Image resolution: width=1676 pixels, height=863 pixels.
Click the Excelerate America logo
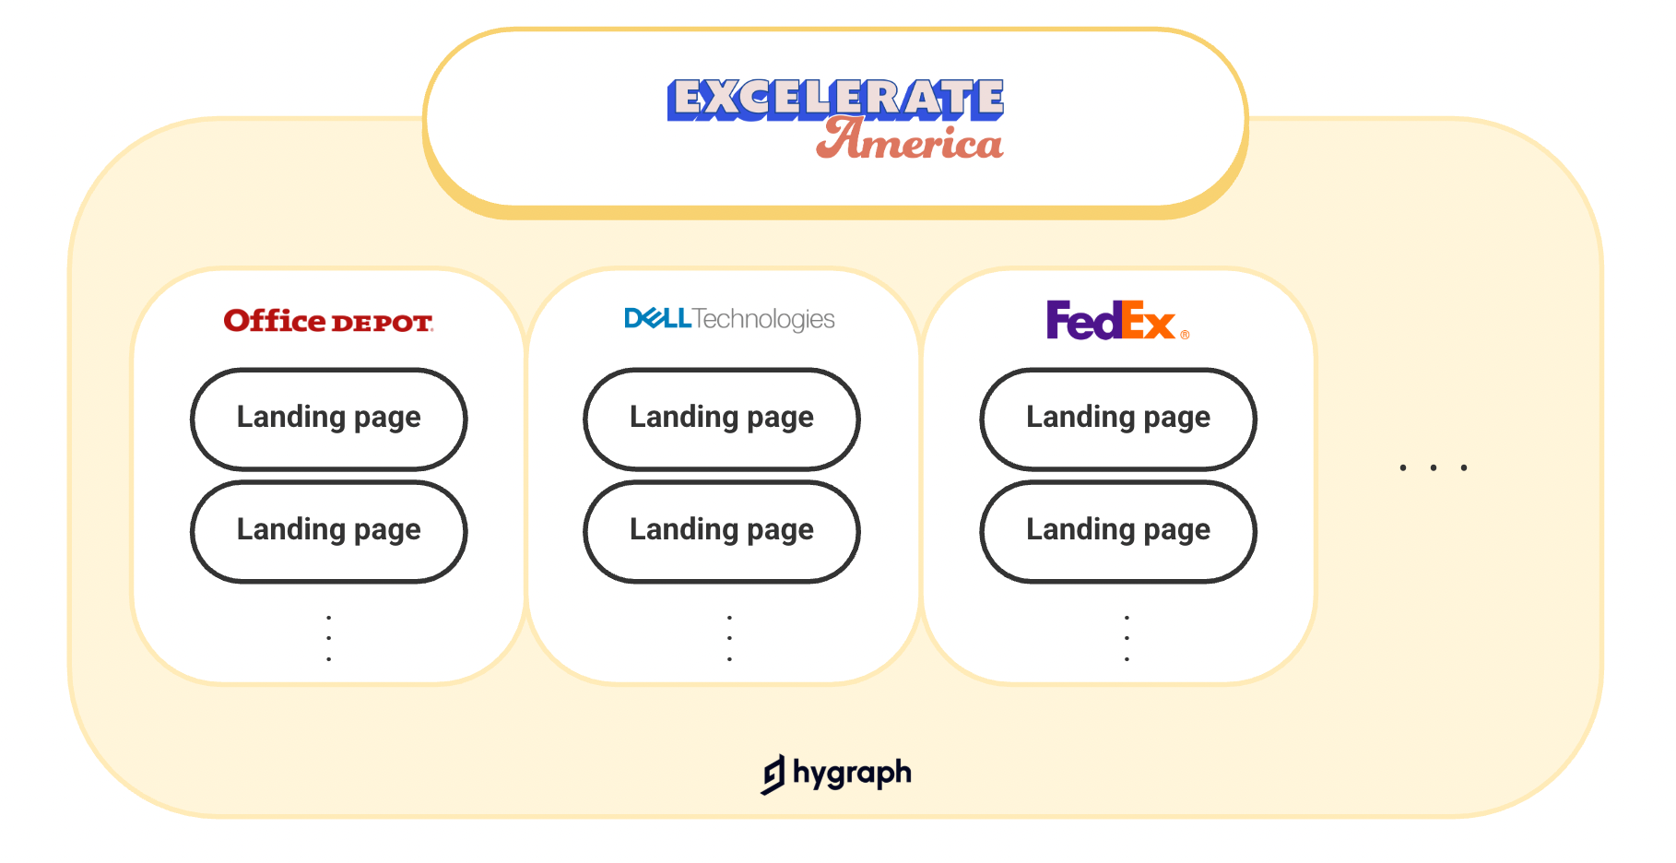coord(835,119)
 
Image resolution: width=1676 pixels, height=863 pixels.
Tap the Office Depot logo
coord(328,321)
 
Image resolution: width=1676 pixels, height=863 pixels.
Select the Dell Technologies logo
coord(728,319)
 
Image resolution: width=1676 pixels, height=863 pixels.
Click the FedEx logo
coord(1116,321)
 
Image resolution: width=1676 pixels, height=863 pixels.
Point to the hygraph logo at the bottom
coord(836,774)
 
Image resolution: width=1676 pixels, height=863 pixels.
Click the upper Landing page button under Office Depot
coord(329,419)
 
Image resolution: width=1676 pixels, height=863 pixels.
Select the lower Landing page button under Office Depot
coord(329,531)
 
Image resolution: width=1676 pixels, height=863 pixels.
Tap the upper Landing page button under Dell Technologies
coord(722,419)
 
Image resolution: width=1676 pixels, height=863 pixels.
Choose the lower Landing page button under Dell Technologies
coord(722,531)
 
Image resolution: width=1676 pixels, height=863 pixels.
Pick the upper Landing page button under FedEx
coord(1118,419)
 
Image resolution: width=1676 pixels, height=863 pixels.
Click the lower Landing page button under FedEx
coord(1118,531)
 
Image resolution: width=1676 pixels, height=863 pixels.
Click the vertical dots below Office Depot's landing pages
coord(329,638)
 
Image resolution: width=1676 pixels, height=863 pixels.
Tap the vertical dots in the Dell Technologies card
coord(729,638)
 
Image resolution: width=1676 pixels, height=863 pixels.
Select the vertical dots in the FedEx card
coord(1127,638)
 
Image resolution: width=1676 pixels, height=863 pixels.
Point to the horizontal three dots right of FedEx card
coord(1433,467)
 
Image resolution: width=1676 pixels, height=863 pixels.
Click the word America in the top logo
coord(910,141)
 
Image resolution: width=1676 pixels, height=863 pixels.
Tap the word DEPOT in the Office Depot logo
coord(382,324)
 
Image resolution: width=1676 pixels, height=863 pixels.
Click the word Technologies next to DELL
coord(764,319)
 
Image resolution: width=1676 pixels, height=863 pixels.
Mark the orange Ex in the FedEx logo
coord(1149,322)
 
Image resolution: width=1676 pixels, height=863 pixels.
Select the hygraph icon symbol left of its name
coord(773,774)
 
